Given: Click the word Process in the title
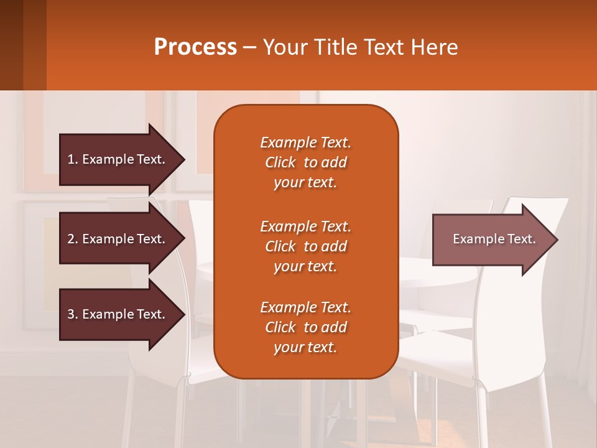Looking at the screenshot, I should click(195, 47).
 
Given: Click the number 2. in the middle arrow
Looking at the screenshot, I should click(73, 239).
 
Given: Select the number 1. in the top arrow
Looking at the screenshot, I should click(73, 159).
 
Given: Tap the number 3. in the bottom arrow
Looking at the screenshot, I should click(73, 314).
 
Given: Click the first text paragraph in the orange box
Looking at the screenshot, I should click(305, 162).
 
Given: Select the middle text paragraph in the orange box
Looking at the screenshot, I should click(305, 246).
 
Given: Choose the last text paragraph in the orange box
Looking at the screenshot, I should click(305, 327).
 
